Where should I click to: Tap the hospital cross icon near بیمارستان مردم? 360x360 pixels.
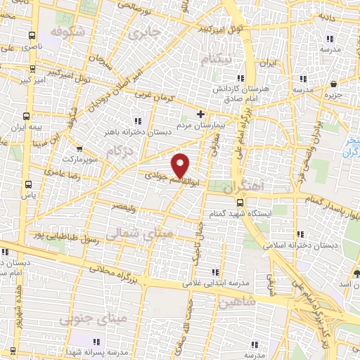point(201,113)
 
